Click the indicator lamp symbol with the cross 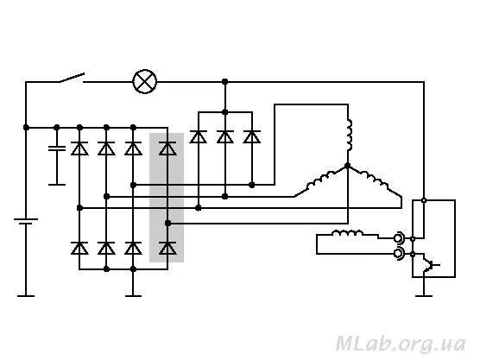[x=145, y=82]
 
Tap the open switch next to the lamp [x=72, y=78]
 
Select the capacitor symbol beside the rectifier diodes [x=57, y=148]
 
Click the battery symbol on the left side [x=26, y=221]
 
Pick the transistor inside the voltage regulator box [x=429, y=264]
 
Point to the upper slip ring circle [x=399, y=238]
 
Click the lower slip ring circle [x=399, y=254]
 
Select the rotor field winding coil [x=348, y=234]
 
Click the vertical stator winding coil [x=349, y=135]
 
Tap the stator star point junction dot [x=347, y=166]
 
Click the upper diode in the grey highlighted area [x=167, y=148]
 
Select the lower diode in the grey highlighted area [x=167, y=248]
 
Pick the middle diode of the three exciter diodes [x=225, y=137]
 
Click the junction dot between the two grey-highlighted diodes [x=167, y=223]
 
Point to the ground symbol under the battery [x=26, y=296]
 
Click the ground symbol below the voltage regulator [x=424, y=296]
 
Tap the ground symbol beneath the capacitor [x=57, y=185]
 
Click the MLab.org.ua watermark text [x=401, y=344]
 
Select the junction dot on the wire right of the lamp [x=225, y=82]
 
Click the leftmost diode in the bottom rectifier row [x=79, y=248]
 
